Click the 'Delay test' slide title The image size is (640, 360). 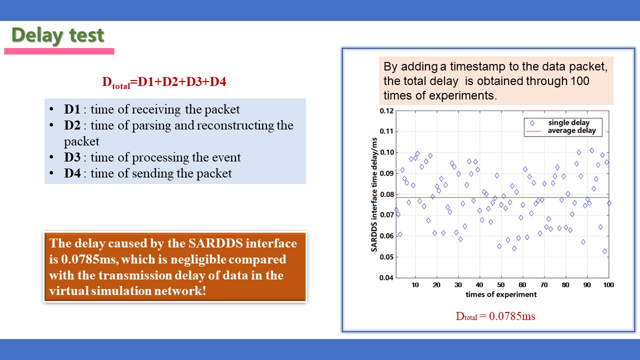click(x=57, y=35)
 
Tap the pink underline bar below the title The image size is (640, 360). click(x=59, y=51)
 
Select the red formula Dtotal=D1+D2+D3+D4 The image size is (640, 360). click(x=164, y=82)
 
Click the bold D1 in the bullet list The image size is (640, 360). click(x=72, y=109)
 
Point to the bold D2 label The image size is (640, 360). click(x=72, y=125)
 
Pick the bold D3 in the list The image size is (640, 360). click(x=72, y=157)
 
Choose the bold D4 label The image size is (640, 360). click(x=72, y=173)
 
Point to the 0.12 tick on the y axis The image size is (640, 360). click(x=386, y=111)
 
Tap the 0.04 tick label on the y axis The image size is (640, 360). click(x=386, y=277)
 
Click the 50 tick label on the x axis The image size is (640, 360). click(x=501, y=285)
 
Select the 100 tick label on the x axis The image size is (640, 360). click(x=608, y=285)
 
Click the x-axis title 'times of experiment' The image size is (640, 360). click(x=501, y=294)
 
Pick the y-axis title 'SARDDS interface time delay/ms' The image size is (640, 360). click(x=374, y=194)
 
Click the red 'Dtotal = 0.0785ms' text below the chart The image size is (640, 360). click(x=495, y=316)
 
